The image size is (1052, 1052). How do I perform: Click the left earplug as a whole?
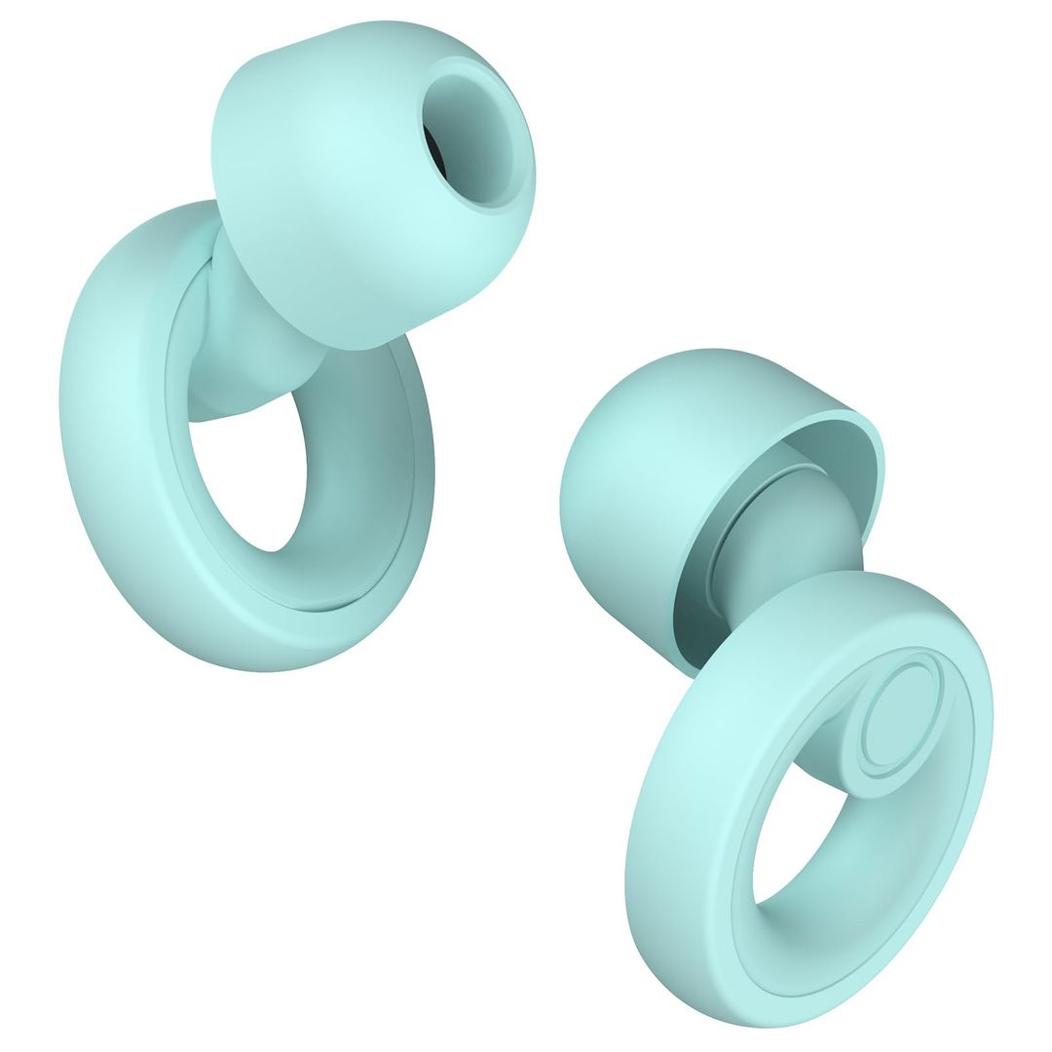244,390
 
